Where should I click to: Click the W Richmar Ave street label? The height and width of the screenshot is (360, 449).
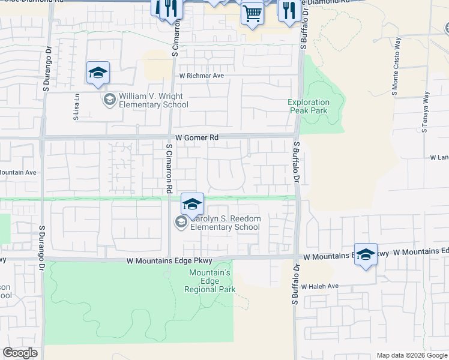coord(201,76)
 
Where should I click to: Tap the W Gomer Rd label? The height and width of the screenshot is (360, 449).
coord(196,137)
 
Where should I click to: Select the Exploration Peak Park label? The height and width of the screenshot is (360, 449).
coord(309,106)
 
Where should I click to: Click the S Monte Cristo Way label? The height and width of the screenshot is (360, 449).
coord(396,67)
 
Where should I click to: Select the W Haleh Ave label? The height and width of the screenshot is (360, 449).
coord(321,286)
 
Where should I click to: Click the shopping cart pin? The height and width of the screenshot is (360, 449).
coord(253,13)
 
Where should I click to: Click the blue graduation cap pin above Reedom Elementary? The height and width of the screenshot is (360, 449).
coord(192,205)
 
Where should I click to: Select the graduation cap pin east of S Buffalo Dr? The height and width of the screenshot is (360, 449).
coord(366,255)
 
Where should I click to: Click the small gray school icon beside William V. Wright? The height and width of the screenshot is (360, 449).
coord(109,100)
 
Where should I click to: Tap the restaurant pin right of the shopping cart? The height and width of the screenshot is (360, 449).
coord(289,10)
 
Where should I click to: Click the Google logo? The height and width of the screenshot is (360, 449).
coord(20,353)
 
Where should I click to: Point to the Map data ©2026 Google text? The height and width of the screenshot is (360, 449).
coord(411,355)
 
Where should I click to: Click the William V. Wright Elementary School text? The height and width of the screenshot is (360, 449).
coord(154,100)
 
